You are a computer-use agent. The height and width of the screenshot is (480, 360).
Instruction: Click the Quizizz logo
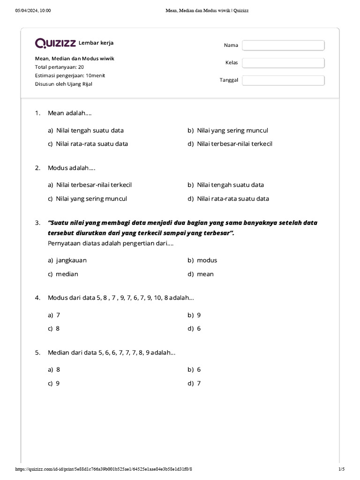click(55, 43)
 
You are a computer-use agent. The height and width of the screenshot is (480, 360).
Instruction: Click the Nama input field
click(283, 45)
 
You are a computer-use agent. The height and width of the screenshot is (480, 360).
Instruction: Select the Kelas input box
click(283, 63)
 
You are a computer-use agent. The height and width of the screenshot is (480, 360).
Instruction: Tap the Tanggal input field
click(283, 80)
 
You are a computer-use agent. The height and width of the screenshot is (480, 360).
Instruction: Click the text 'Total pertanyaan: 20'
click(60, 67)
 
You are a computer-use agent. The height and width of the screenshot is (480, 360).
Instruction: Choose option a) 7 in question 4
click(54, 315)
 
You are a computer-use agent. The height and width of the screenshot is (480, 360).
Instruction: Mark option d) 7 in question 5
click(195, 383)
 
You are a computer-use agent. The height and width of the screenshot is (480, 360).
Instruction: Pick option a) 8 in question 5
click(54, 369)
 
